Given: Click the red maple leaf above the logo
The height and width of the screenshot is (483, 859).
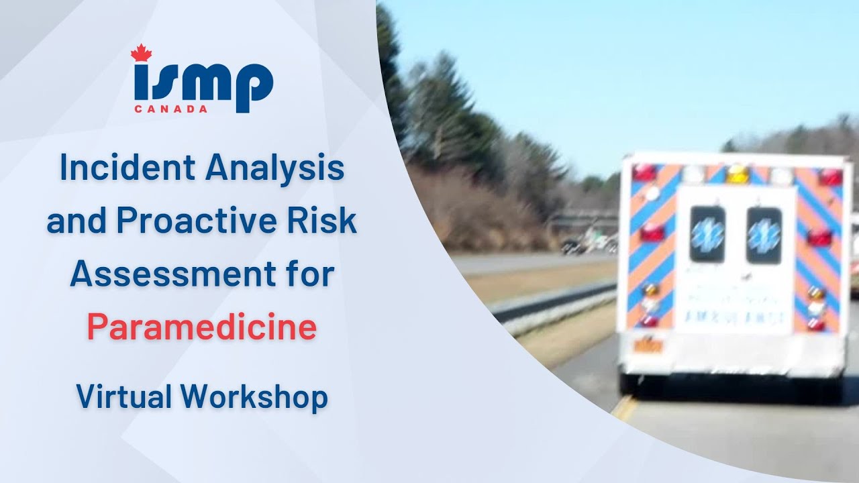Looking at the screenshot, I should pyautogui.click(x=141, y=53).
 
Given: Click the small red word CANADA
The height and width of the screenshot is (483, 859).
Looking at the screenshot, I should pyautogui.click(x=170, y=109).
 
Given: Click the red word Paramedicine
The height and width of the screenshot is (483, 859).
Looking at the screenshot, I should pyautogui.click(x=201, y=327).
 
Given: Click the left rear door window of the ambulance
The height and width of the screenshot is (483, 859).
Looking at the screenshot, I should pyautogui.click(x=707, y=233).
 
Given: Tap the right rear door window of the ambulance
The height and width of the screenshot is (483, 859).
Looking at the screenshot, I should pyautogui.click(x=764, y=235).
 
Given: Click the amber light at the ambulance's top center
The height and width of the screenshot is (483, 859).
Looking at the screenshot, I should pyautogui.click(x=737, y=173).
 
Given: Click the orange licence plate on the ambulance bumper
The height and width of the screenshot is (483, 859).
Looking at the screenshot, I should pyautogui.click(x=648, y=346).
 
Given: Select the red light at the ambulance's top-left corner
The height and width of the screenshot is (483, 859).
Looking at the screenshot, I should pyautogui.click(x=644, y=172).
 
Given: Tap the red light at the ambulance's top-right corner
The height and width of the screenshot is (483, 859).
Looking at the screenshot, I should pyautogui.click(x=830, y=176).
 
